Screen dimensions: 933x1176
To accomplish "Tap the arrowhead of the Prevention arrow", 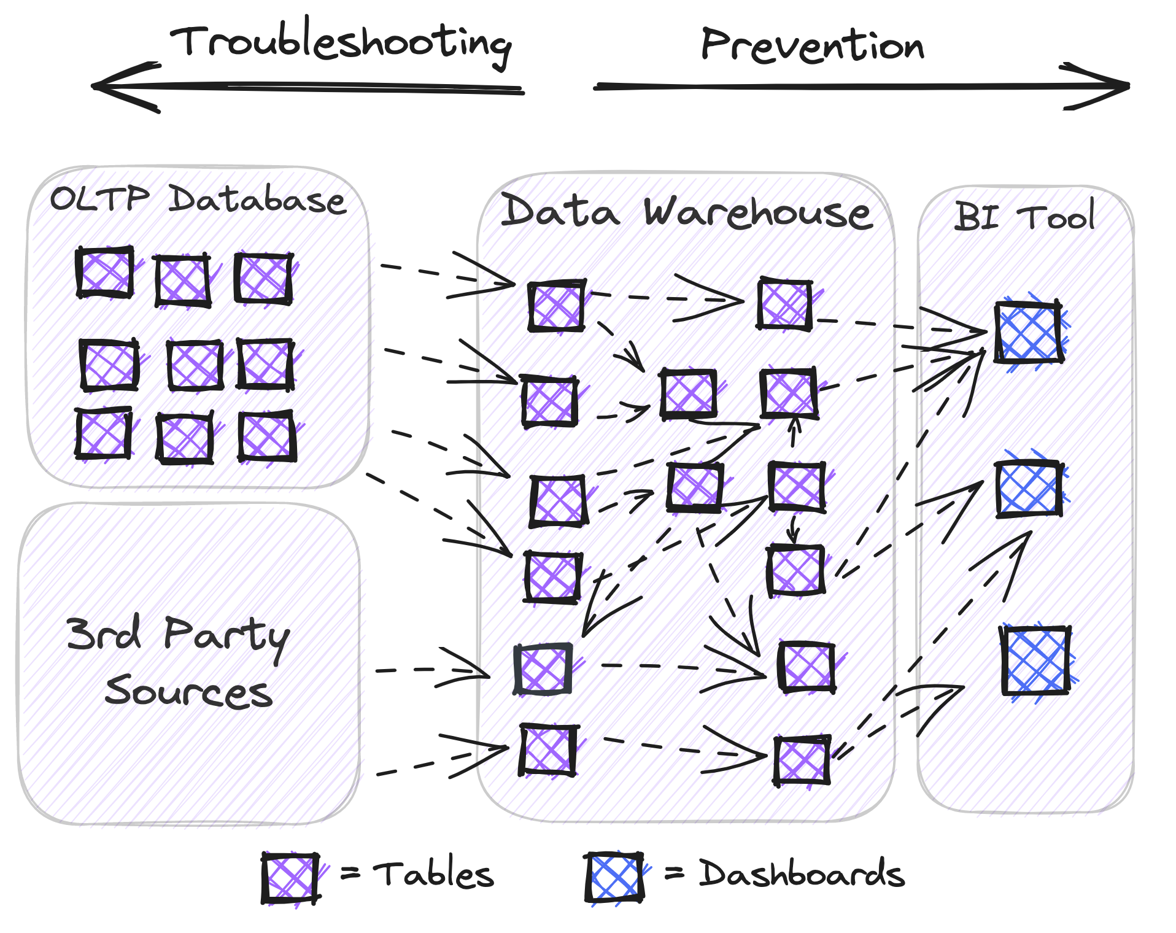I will (x=1117, y=87).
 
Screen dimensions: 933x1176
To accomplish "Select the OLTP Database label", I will (x=198, y=199).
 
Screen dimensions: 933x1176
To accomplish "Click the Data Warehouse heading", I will (x=686, y=212).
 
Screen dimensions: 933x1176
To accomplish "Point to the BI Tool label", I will (x=1024, y=216).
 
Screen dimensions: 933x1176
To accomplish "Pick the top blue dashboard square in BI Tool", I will (x=1029, y=332).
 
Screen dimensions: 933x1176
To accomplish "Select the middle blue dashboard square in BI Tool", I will (x=1029, y=489).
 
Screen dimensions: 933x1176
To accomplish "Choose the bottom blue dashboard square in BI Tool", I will (x=1035, y=660).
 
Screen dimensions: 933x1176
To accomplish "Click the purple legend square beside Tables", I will (x=290, y=878).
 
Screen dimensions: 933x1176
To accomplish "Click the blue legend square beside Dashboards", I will (x=614, y=877).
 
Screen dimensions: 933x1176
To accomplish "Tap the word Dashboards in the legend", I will (x=801, y=874).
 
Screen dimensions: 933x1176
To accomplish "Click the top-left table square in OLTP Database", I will (x=105, y=273).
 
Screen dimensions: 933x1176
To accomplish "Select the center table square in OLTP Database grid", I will (x=195, y=365).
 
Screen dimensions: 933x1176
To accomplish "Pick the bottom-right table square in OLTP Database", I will (x=267, y=437).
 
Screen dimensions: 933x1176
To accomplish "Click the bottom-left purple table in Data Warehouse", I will (x=548, y=750).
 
